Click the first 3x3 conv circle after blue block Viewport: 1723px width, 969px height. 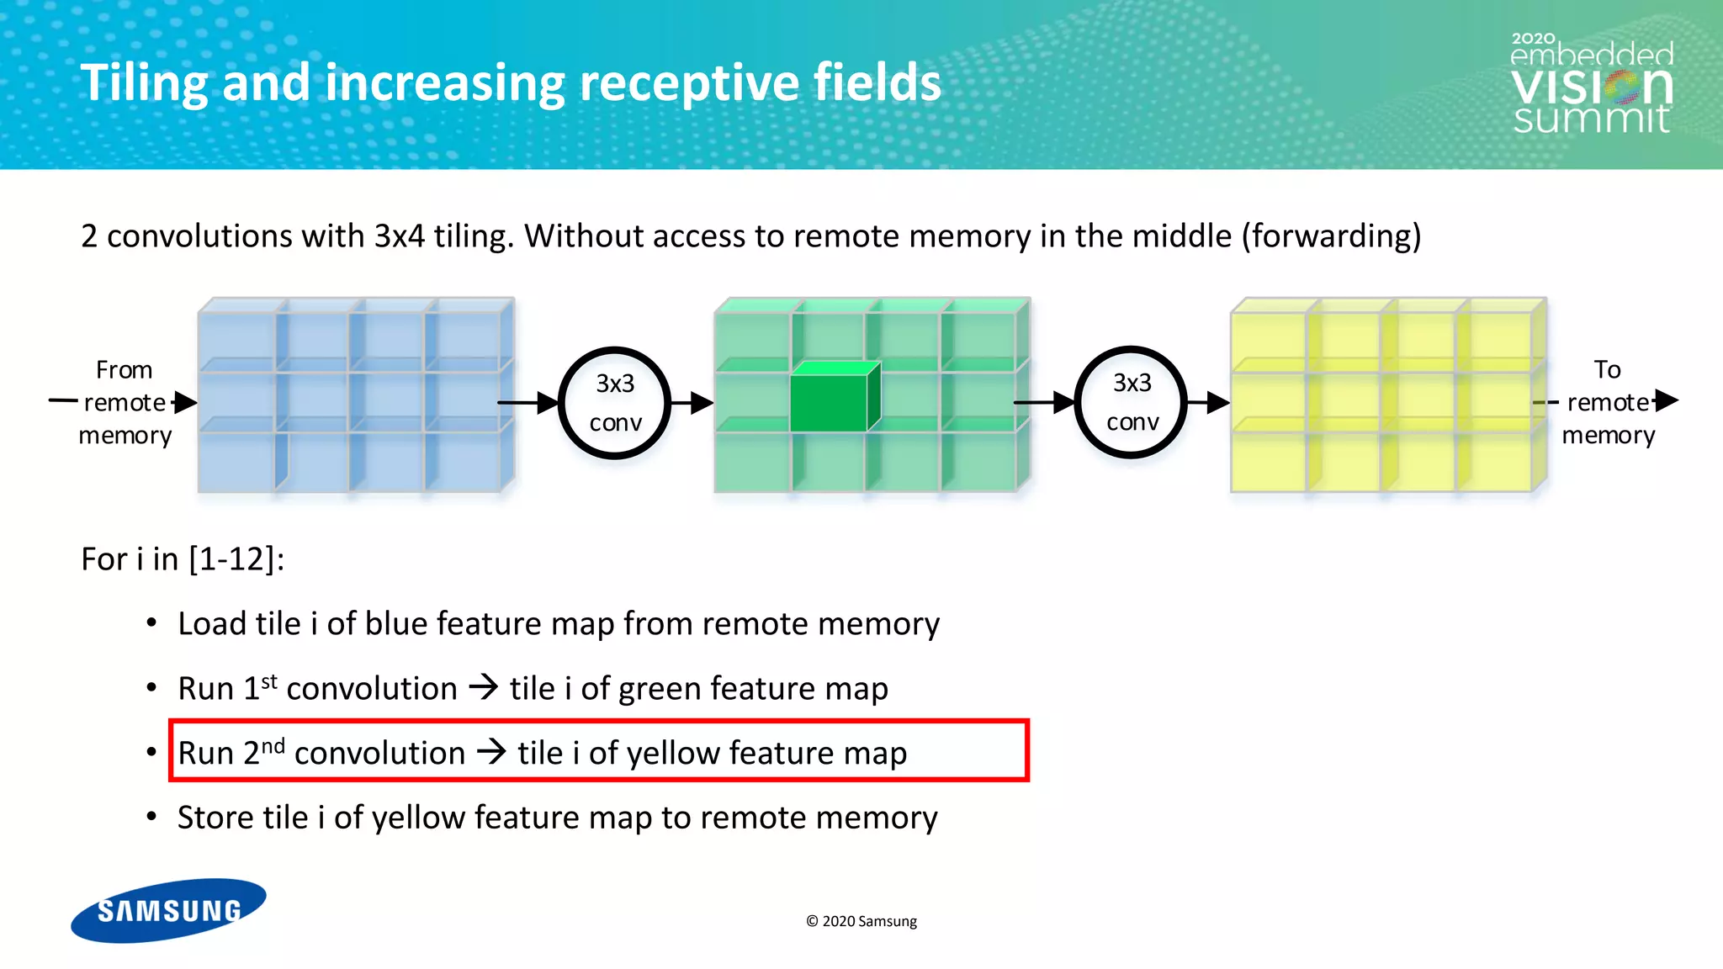[615, 403]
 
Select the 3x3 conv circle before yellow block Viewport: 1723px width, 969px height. [1132, 402]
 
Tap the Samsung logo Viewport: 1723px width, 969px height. [168, 910]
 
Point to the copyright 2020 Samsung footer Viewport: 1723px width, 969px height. [861, 921]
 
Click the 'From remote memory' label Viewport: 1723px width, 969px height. [125, 402]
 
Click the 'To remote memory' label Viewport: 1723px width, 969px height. [1607, 402]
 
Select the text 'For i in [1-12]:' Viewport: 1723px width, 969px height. [183, 559]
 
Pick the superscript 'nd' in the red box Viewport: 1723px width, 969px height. [273, 745]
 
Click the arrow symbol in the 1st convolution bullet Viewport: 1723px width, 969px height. [484, 687]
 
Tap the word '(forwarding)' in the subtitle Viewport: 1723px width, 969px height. [1331, 236]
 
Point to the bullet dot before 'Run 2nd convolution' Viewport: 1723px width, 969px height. [151, 752]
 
